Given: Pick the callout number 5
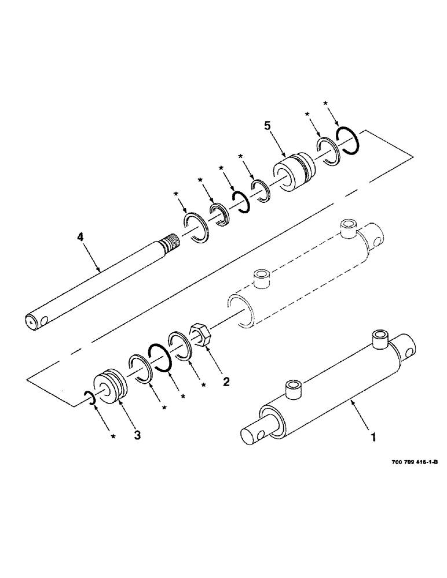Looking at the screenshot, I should click(x=268, y=125).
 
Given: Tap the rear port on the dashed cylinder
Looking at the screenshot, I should click(x=349, y=227).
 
